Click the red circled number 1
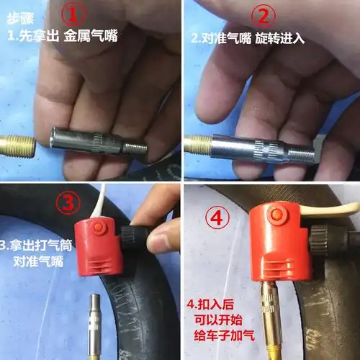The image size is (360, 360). tap(73, 14)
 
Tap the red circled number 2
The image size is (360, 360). tap(264, 16)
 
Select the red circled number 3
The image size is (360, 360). tap(68, 203)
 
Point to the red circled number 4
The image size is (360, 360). tap(217, 217)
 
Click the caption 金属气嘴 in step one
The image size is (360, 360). tap(91, 35)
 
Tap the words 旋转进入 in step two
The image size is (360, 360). tap(279, 38)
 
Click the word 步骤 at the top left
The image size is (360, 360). tap(20, 19)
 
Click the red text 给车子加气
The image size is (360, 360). tap(224, 335)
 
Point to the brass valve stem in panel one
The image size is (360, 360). tap(17, 146)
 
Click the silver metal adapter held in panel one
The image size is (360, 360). tap(98, 142)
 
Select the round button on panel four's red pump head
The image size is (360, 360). tap(277, 213)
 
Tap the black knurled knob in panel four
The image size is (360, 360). tap(319, 240)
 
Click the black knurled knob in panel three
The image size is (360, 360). tap(132, 238)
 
